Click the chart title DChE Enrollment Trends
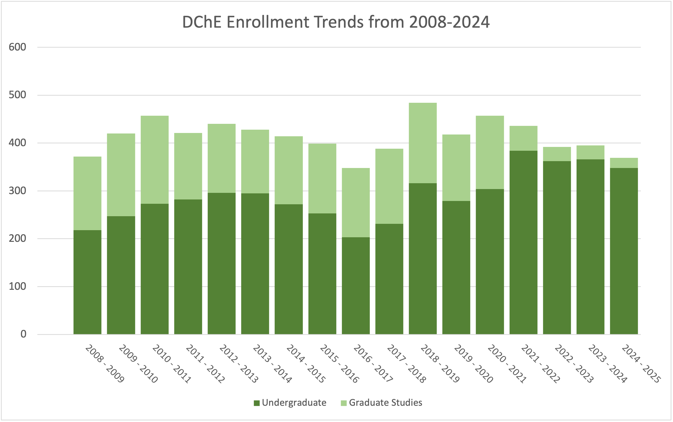[x=336, y=22]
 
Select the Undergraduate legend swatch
[x=257, y=403]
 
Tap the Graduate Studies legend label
[x=385, y=403]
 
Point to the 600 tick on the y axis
[x=17, y=47]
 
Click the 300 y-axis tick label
[x=17, y=191]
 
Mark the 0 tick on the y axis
[x=23, y=334]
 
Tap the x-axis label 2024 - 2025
[x=641, y=364]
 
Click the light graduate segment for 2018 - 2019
[x=423, y=143]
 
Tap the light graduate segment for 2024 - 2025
[x=624, y=163]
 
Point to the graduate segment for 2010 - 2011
[x=154, y=160]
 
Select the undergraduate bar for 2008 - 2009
[x=87, y=282]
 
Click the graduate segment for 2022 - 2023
[x=557, y=154]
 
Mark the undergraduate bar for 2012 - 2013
[x=221, y=263]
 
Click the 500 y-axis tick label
[x=17, y=95]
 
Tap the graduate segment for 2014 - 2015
[x=288, y=170]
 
